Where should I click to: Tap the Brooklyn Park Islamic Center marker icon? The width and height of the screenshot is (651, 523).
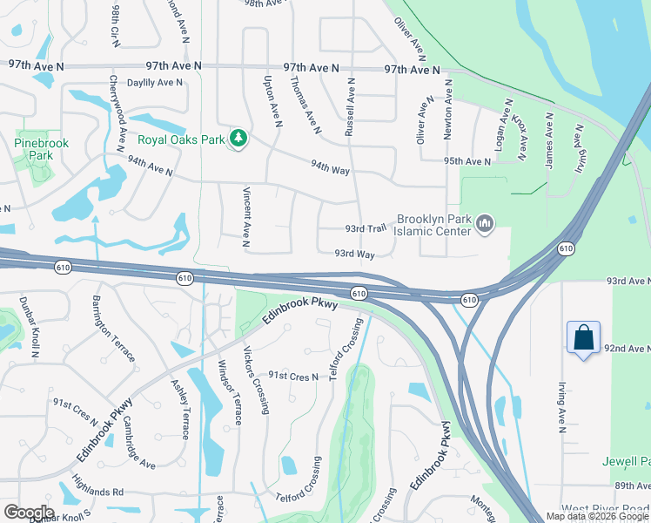(485, 227)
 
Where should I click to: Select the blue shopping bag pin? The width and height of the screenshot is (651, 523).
(582, 338)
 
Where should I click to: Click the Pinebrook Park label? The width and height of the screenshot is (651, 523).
(35, 148)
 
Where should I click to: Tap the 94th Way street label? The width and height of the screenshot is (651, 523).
(330, 166)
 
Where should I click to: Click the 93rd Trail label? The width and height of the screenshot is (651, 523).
(365, 228)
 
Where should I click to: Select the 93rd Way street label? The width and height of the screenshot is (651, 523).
(354, 255)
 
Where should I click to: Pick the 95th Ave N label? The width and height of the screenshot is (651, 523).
(466, 162)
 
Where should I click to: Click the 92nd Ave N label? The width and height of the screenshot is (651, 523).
(627, 348)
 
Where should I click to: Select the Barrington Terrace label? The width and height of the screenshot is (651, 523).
(113, 329)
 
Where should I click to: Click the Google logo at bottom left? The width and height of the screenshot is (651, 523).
(28, 513)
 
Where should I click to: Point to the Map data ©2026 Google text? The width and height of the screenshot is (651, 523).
(597, 516)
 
